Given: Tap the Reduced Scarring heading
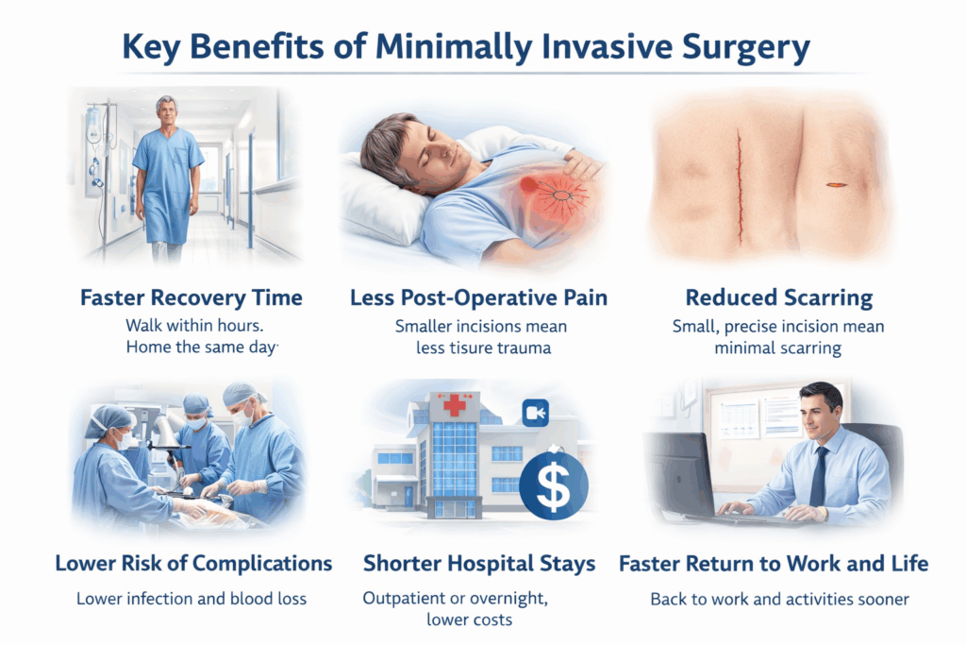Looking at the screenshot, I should point(779,298).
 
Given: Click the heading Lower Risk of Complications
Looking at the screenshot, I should point(193,564).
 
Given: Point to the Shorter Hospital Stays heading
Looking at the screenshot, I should point(479,564).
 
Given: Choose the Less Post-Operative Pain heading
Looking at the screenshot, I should point(478,298).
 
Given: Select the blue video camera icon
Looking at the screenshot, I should point(536,413).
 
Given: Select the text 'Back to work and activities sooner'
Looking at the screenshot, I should point(774,599).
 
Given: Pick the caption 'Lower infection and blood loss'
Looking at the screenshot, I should point(193,599).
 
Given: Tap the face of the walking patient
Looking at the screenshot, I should point(166,111).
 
